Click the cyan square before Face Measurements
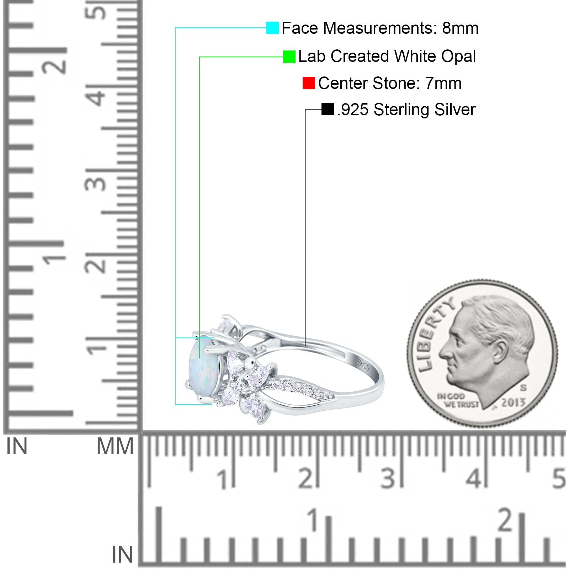coord(272,28)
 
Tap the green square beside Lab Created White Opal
coord(289,57)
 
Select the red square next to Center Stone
coord(308,83)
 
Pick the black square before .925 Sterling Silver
coord(327,109)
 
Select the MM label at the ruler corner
coord(115,446)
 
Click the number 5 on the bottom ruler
coord(559,478)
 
